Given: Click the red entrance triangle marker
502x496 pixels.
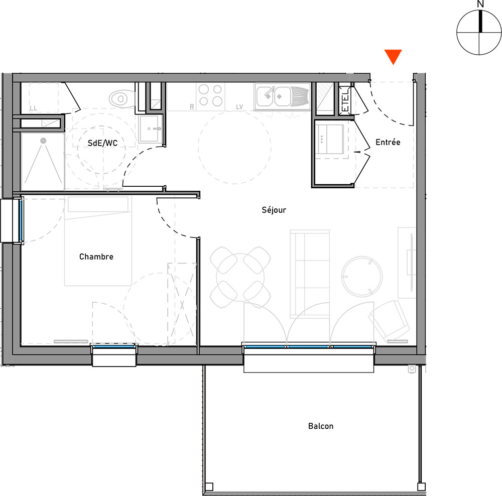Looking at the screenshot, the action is pyautogui.click(x=393, y=57).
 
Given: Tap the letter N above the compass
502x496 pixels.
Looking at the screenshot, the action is pyautogui.click(x=480, y=4).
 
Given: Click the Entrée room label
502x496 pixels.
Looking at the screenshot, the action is pyautogui.click(x=388, y=142).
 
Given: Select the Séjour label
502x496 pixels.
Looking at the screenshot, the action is pyautogui.click(x=274, y=210).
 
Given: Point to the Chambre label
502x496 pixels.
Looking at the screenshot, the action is pyautogui.click(x=96, y=257).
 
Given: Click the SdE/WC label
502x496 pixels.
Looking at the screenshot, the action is pyautogui.click(x=102, y=143).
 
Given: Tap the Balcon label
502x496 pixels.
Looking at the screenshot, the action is pyautogui.click(x=320, y=426).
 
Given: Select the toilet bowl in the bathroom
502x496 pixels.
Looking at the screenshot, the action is pyautogui.click(x=122, y=98).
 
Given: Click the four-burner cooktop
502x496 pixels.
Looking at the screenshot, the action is pyautogui.click(x=210, y=95).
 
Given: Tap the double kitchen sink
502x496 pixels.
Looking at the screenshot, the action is pyautogui.click(x=282, y=96).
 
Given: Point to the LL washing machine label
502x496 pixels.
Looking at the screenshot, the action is pyautogui.click(x=33, y=108).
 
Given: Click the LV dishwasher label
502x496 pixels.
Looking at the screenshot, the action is pyautogui.click(x=239, y=107).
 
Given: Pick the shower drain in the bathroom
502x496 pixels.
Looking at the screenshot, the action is pyautogui.click(x=43, y=140).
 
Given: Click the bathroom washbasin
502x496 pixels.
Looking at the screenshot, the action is pyautogui.click(x=150, y=129).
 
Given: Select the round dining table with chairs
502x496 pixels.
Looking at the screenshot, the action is pyautogui.click(x=240, y=278).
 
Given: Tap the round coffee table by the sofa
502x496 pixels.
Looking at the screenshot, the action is pyautogui.click(x=362, y=276).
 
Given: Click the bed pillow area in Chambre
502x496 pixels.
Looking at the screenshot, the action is pyautogui.click(x=98, y=204).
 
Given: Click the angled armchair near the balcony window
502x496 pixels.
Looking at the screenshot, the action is pyautogui.click(x=389, y=320).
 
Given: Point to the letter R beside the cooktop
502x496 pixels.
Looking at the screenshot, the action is pyautogui.click(x=192, y=107).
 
